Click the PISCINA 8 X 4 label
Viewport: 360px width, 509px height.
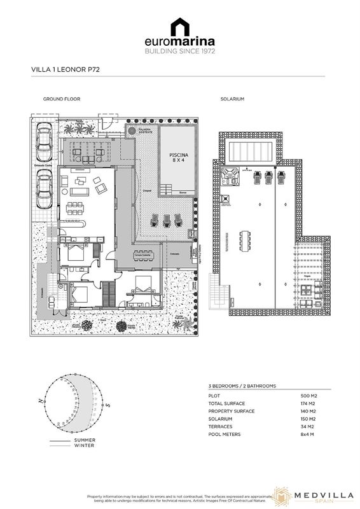(x=177, y=157)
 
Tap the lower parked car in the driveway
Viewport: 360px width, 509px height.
(x=44, y=188)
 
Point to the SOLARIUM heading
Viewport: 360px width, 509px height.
(x=232, y=100)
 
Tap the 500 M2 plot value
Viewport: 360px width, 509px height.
(x=308, y=396)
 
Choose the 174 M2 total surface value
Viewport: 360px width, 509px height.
(x=308, y=404)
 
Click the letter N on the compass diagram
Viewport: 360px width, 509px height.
(x=40, y=401)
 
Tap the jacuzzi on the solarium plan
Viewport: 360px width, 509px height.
(x=233, y=174)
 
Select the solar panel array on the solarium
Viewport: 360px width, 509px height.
(x=253, y=151)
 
